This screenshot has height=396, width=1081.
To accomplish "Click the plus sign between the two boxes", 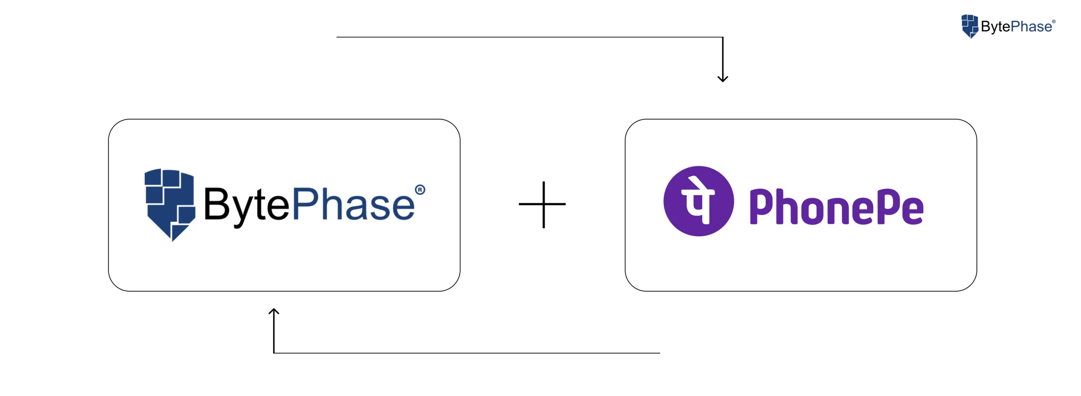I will click(543, 205).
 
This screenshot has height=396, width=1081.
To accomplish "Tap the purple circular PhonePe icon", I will click(698, 201).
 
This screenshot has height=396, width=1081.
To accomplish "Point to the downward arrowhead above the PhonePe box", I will click(722, 79).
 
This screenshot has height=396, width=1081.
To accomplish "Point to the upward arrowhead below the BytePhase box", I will click(274, 312).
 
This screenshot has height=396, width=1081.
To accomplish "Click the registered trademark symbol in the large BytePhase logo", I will click(420, 190).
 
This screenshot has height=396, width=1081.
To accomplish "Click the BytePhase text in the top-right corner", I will click(1016, 27).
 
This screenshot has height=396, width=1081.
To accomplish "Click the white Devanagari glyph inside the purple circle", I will click(698, 201).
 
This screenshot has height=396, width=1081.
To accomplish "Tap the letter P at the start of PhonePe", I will click(762, 206).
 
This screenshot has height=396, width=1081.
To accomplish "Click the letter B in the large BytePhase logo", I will click(217, 205).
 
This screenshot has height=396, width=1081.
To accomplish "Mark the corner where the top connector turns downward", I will click(722, 38).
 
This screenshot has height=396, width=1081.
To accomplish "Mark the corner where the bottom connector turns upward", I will click(274, 353).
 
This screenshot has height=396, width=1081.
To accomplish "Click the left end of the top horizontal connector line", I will click(337, 37).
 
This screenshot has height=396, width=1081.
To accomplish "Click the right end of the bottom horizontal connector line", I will click(659, 353).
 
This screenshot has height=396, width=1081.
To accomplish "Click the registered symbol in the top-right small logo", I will click(1054, 22).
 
